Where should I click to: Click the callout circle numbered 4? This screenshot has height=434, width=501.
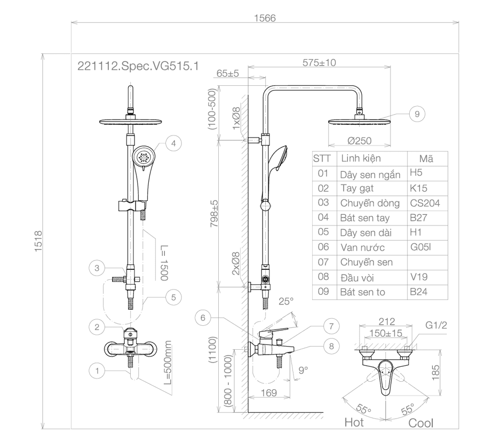pos(173,143)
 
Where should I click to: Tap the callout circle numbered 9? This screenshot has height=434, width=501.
pos(417,114)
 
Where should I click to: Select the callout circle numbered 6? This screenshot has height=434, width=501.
pos(203,318)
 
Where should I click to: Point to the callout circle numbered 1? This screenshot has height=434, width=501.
pos(97,371)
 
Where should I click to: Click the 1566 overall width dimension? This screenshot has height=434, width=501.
pos(265,18)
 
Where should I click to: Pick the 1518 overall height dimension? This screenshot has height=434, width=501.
pos(38,241)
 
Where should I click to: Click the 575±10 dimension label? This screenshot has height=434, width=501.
pos(319,62)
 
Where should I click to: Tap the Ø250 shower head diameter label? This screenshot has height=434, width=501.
pos(360,141)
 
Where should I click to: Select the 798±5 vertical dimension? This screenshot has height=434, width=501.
pos(214,214)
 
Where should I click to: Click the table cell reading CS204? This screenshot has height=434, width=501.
pos(425,203)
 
